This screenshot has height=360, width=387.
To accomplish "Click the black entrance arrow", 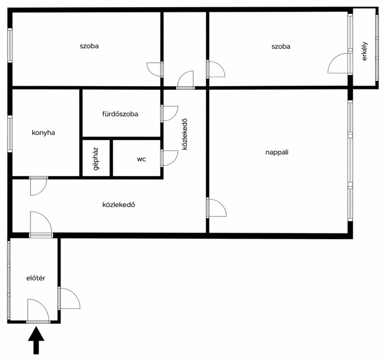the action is (36, 340).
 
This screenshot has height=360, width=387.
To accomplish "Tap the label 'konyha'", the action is (43, 133).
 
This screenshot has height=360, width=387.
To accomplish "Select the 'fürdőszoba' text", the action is (120, 114).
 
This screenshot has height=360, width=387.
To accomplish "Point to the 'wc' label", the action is (141, 159).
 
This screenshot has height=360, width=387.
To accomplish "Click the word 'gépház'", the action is (96, 159).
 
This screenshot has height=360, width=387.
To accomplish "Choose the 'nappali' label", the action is (277, 152).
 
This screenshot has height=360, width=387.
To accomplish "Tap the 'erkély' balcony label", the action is (364, 51).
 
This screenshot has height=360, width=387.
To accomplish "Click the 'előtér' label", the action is (36, 278).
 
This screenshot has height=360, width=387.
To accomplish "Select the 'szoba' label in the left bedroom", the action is (89, 46).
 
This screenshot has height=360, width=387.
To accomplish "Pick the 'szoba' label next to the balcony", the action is (281, 46).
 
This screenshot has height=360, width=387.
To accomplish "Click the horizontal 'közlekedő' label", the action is (118, 205).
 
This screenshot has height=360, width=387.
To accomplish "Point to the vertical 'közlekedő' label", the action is (184, 134).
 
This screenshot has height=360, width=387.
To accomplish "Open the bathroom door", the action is (169, 113).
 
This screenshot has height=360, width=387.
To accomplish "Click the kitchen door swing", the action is (38, 186).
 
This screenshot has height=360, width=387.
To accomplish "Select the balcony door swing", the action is (339, 63).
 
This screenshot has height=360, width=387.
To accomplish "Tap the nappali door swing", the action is (216, 208).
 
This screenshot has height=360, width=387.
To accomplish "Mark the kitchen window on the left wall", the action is (10, 133).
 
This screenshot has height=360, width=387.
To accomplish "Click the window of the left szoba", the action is (10, 45).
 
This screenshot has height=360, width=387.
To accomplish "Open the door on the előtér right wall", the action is (69, 298).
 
